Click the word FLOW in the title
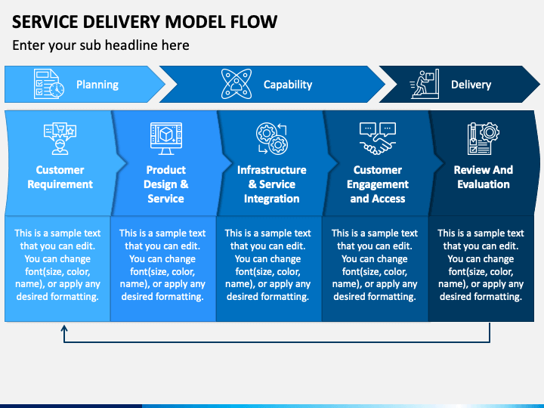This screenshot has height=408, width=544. [x=253, y=22]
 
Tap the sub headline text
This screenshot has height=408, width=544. [x=100, y=45]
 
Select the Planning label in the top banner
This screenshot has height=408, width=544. [x=97, y=85]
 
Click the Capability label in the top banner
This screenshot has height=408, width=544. [x=288, y=85]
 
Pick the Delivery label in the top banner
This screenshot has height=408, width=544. [x=471, y=85]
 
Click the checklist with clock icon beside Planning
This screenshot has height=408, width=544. [x=48, y=84]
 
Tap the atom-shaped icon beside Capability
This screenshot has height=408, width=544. [x=236, y=84]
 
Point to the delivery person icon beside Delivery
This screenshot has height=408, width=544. [x=425, y=84]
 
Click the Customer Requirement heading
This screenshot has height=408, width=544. [x=60, y=177]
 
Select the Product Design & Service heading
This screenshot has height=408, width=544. [x=165, y=184]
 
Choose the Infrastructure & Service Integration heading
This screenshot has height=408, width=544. [x=272, y=184]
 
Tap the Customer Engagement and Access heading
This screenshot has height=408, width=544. [x=378, y=184]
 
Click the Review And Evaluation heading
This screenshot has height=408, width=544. [x=484, y=177]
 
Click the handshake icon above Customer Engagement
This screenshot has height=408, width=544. [x=378, y=138]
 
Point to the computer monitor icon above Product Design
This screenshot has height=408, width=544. [x=166, y=138]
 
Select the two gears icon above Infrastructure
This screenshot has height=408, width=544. [x=272, y=138]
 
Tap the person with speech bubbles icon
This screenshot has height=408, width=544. [x=60, y=138]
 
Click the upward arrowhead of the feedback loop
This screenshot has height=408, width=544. [x=64, y=328]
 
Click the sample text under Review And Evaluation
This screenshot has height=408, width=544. [x=481, y=264]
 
